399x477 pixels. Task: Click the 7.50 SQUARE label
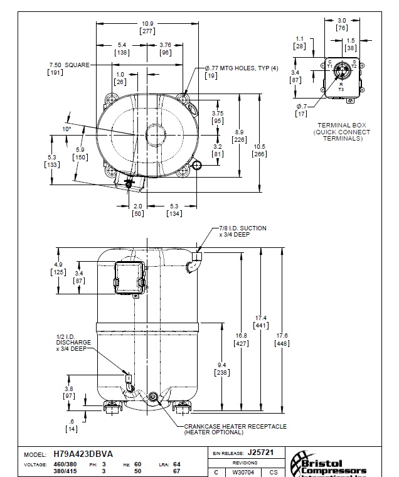click(x=68, y=65)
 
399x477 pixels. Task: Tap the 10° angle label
click(x=66, y=129)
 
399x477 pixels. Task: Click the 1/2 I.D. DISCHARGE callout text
click(x=73, y=343)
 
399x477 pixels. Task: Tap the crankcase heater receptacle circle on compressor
click(x=152, y=396)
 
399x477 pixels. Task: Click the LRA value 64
click(x=176, y=464)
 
